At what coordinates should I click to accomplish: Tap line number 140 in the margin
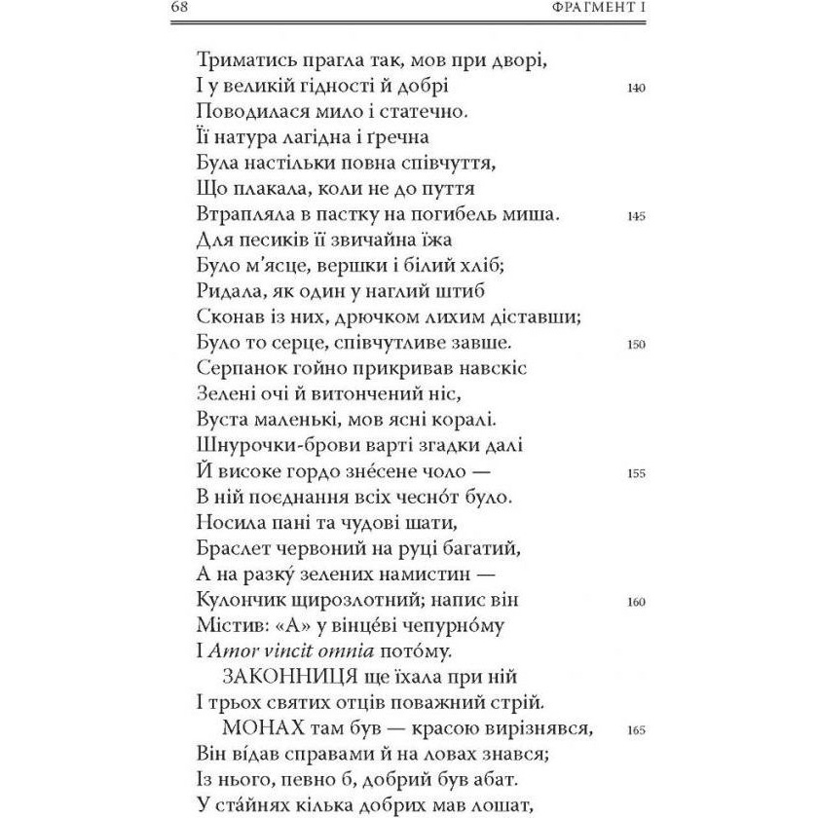(637, 88)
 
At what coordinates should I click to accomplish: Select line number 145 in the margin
(637, 216)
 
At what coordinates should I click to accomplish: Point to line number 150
(637, 345)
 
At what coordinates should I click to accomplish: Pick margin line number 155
(637, 473)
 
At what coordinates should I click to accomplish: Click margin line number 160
(637, 602)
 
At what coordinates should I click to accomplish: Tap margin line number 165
(637, 730)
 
